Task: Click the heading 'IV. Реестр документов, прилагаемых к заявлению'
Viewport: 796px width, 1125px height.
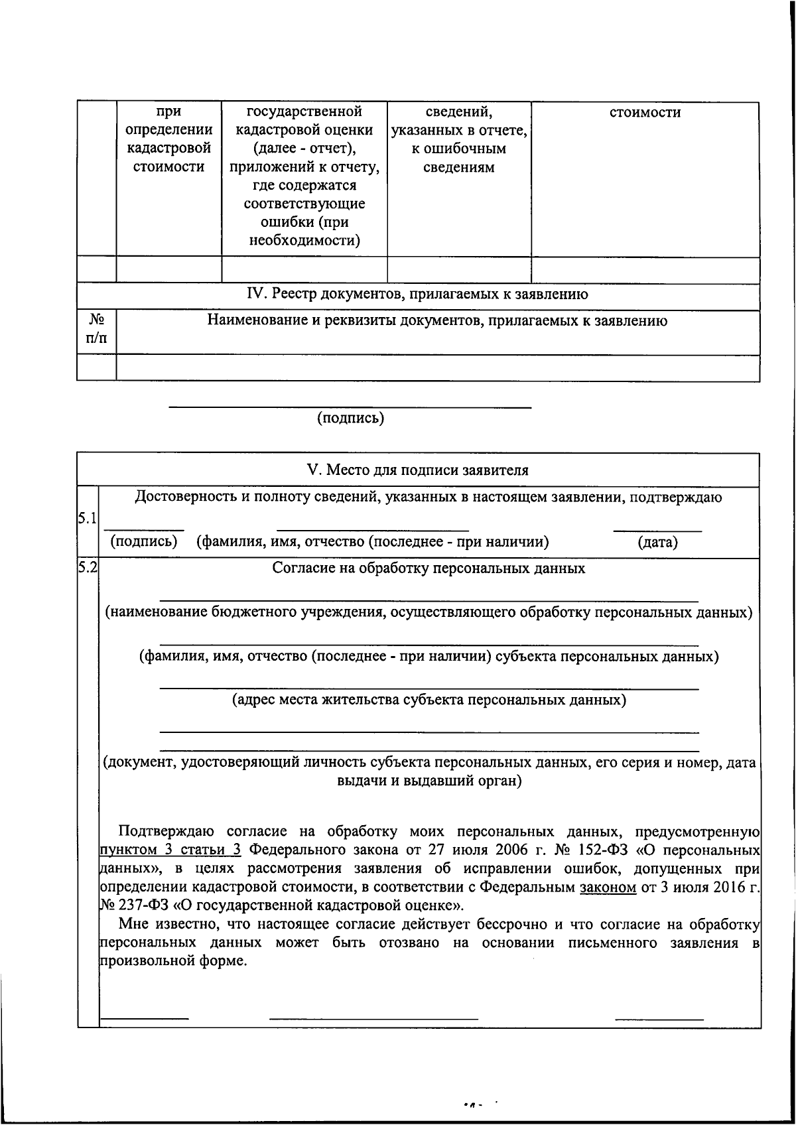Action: click(x=417, y=294)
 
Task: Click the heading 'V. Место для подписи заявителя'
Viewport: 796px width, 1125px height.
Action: click(x=418, y=470)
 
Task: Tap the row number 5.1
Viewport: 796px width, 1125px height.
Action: click(x=87, y=519)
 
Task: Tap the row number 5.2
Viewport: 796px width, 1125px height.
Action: click(x=87, y=566)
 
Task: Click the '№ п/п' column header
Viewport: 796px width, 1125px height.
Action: click(x=96, y=330)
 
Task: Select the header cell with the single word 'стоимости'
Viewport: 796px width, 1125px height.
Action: click(x=645, y=112)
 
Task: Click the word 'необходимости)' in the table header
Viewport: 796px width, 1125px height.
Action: click(x=304, y=241)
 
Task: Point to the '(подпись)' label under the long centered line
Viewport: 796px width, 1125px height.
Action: click(x=350, y=418)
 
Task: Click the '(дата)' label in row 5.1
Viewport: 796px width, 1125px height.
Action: click(x=657, y=543)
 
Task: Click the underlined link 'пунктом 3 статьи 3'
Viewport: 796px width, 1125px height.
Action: click(x=170, y=850)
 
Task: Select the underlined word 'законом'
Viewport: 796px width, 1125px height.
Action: click(x=608, y=888)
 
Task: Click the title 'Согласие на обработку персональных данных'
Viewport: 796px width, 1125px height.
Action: click(x=429, y=568)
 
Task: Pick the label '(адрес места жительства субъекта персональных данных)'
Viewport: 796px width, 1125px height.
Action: click(x=429, y=700)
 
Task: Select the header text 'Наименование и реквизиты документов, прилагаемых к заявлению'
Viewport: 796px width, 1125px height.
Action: click(x=437, y=321)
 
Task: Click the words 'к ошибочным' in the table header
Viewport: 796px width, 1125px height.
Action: click(x=458, y=149)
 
